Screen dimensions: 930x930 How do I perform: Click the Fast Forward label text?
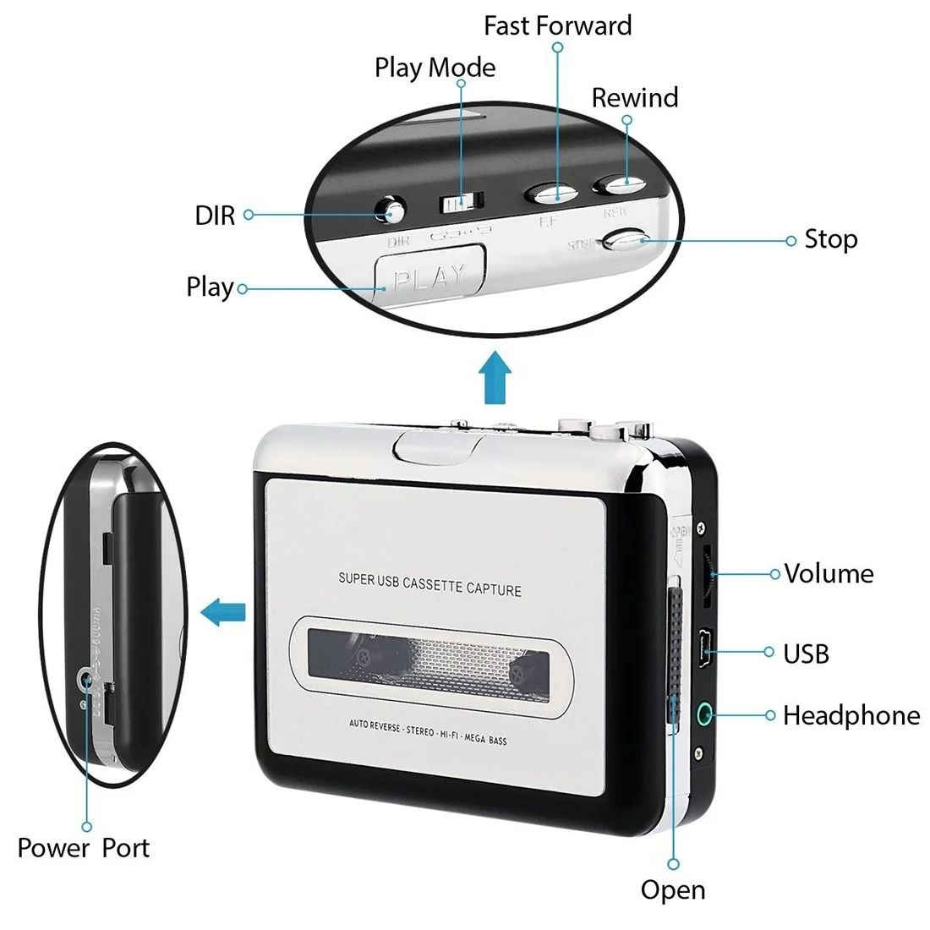pos(557,26)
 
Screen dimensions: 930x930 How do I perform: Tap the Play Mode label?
pos(435,68)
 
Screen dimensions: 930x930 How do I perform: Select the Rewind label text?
pos(634,98)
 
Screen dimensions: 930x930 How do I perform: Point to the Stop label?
pos(830,240)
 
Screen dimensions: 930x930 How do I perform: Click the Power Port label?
pos(83,848)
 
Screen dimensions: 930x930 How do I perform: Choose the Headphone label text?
pos(851,716)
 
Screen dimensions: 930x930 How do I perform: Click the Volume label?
pos(828,574)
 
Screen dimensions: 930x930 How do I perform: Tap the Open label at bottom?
pos(672,890)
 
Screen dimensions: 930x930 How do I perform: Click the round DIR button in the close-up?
pos(391,211)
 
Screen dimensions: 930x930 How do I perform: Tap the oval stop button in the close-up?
pos(626,241)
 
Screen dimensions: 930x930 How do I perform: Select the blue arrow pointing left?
pos(223,610)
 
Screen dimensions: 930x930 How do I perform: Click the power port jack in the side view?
pos(85,678)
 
